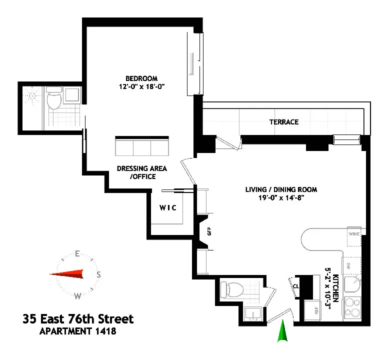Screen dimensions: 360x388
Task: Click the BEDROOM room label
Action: (x=141, y=78)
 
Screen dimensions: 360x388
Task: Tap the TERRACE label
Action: (x=283, y=122)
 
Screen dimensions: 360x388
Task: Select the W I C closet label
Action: (x=168, y=207)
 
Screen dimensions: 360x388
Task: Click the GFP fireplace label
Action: (x=209, y=232)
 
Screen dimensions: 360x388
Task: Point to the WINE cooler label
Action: (x=354, y=233)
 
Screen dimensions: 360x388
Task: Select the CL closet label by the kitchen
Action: (x=295, y=287)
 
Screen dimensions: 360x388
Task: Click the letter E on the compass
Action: (x=77, y=253)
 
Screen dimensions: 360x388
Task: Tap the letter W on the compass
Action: (x=77, y=296)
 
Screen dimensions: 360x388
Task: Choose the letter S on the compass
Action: (x=99, y=274)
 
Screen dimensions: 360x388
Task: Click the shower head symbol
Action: (x=32, y=96)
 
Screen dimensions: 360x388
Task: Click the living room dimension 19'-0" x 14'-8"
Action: (x=281, y=198)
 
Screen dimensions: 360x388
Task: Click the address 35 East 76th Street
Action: (x=78, y=318)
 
